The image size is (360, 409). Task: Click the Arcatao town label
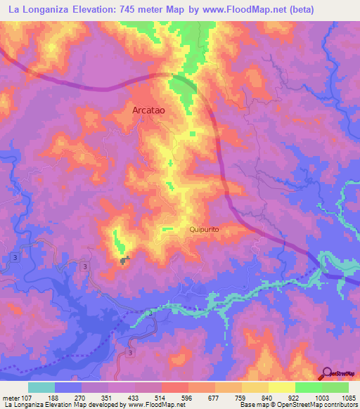click(148, 110)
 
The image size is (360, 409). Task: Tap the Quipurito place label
click(205, 229)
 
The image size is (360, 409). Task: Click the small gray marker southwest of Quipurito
click(126, 261)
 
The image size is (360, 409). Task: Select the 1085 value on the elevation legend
click(349, 397)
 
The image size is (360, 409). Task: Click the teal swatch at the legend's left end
click(41, 387)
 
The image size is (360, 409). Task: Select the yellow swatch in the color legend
click(282, 387)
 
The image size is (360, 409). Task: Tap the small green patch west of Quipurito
click(167, 229)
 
